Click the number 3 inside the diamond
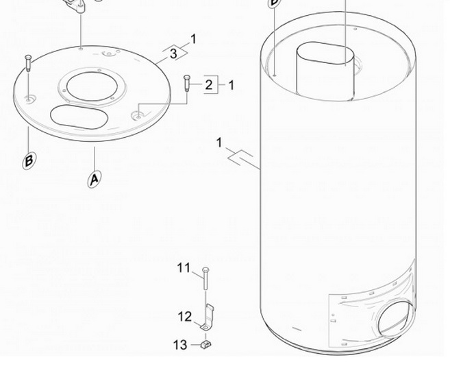(173, 53)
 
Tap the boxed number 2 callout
(209, 85)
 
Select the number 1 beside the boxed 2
(231, 85)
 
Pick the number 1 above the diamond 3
(194, 39)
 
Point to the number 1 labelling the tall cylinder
(219, 143)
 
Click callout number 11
(184, 268)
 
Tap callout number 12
(184, 317)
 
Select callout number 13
(180, 345)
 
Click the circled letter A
(95, 180)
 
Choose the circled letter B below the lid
(29, 161)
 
